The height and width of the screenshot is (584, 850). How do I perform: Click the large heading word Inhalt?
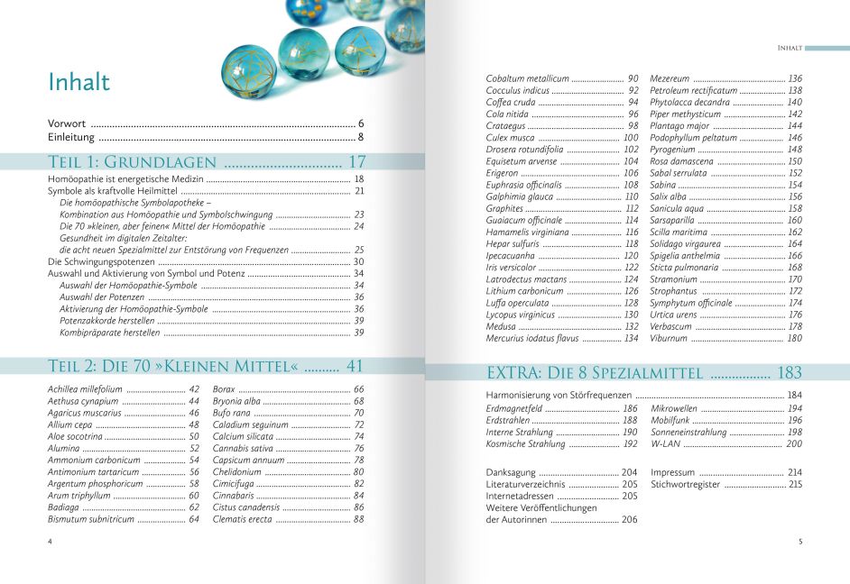[79, 82]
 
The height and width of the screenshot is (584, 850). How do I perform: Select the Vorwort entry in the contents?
[67, 123]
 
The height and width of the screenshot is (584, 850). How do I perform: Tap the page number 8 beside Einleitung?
[360, 138]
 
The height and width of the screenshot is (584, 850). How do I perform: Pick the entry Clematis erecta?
[242, 519]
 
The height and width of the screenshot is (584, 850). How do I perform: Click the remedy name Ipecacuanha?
[511, 256]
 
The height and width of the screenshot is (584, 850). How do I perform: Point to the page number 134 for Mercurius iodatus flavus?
[631, 338]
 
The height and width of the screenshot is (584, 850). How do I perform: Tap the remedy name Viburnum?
[670, 338]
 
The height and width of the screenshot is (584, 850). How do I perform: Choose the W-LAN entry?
[664, 443]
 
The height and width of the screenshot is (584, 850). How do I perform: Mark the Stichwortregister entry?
[685, 485]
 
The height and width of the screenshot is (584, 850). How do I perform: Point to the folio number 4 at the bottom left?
[51, 541]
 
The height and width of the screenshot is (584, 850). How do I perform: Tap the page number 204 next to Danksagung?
[629, 472]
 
